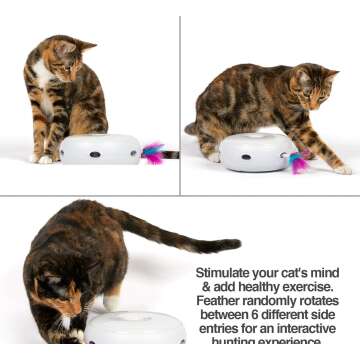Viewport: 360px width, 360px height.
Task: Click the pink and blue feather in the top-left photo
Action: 153,152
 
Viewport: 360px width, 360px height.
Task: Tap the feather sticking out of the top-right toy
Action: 297,162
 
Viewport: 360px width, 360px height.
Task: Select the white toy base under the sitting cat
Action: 100,149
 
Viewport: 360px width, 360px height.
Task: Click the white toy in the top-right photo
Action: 254,153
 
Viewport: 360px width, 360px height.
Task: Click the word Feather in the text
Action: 221,300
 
